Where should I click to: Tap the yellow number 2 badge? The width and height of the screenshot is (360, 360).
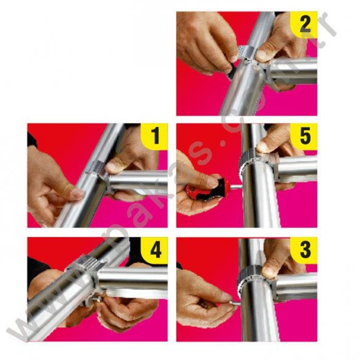tap(303, 24)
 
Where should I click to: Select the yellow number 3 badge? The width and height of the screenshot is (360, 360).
tap(303, 251)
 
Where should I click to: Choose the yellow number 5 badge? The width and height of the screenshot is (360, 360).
tap(303, 137)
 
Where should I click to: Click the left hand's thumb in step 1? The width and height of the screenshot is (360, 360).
tap(73, 193)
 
